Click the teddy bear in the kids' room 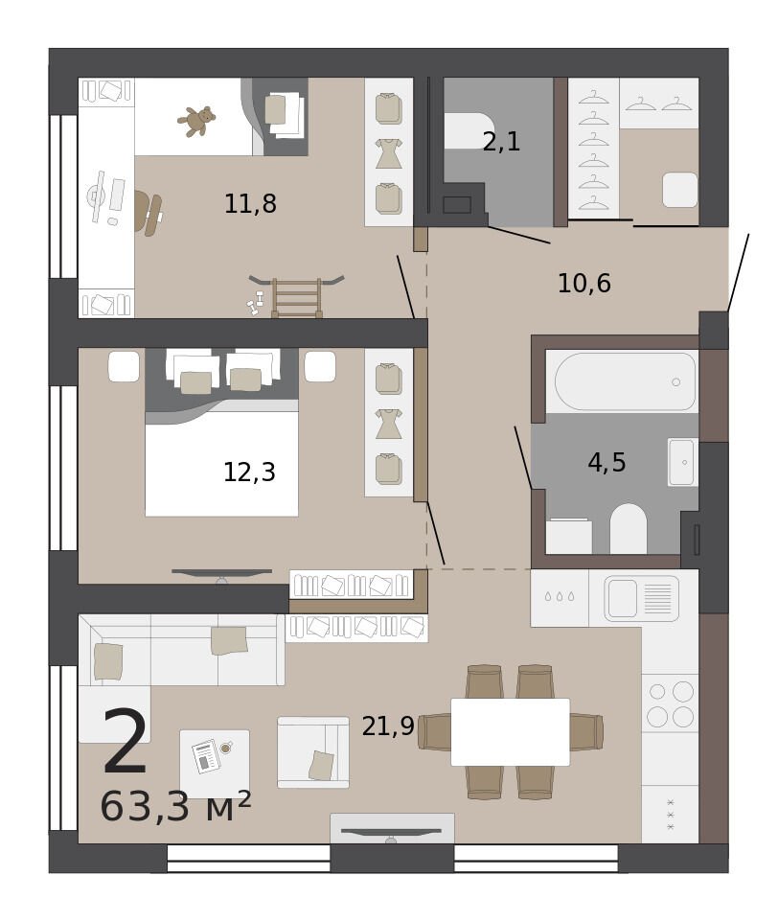point(196,121)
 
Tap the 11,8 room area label point(250,203)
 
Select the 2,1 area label point(501,142)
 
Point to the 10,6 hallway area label point(584,284)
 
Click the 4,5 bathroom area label point(607,463)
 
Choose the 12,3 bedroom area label point(249,472)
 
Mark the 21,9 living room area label point(388,726)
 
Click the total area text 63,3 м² point(175,806)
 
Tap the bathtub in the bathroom point(626,381)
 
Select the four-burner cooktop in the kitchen point(670,703)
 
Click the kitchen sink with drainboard point(642,599)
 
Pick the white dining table point(510,732)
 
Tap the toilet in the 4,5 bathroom point(629,529)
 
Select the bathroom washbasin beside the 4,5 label point(681,462)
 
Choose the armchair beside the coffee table point(313,752)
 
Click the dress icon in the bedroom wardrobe point(388,424)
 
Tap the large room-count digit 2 point(126,742)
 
